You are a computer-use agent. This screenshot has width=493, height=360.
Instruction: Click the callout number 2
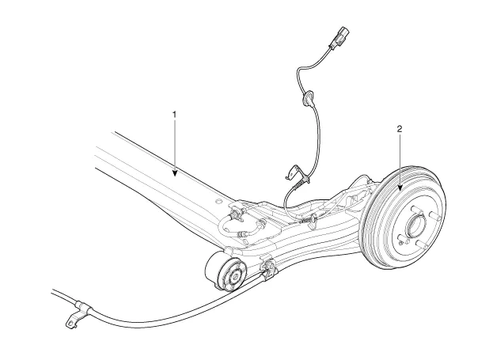pyautogui.click(x=400, y=127)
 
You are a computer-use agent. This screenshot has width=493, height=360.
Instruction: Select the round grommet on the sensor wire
pyautogui.click(x=306, y=99)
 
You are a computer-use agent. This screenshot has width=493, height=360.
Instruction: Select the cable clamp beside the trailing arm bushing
pyautogui.click(x=267, y=271)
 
